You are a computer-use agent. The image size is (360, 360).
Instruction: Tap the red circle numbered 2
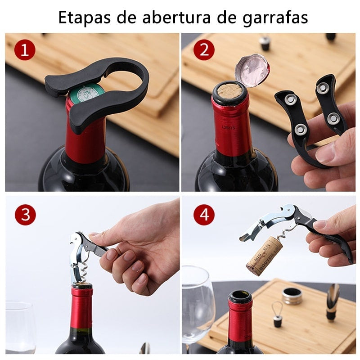pyautogui.click(x=204, y=50)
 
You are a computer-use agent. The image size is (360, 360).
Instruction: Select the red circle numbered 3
pyautogui.click(x=25, y=215)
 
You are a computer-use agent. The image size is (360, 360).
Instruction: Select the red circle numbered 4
pyautogui.click(x=204, y=215)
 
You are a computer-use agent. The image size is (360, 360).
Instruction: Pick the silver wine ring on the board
pyautogui.click(x=292, y=296)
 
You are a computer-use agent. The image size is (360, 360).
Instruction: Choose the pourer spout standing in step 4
pyautogui.click(x=333, y=301)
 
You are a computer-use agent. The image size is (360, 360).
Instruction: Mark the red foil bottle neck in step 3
pyautogui.click(x=82, y=310)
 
